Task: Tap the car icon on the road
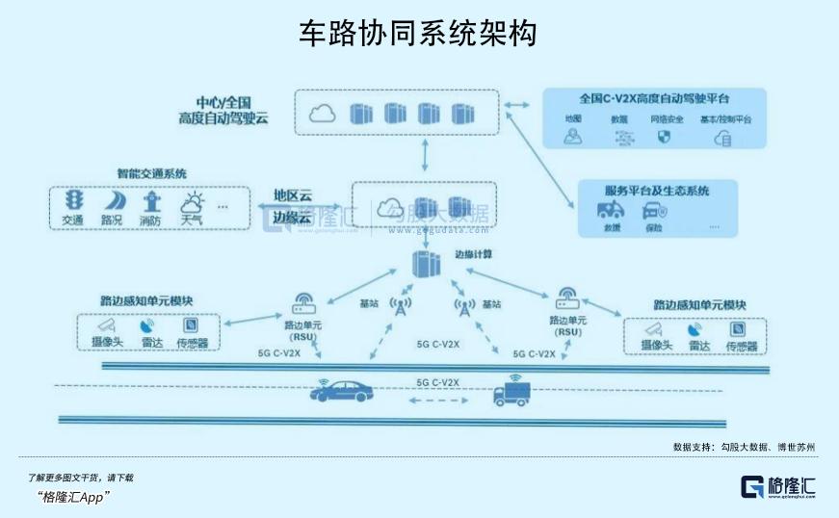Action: click(x=342, y=390)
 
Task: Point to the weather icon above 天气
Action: click(x=192, y=202)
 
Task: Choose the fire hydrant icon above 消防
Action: click(x=151, y=201)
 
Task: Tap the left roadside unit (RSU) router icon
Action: click(x=304, y=307)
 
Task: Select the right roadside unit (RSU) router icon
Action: click(x=564, y=298)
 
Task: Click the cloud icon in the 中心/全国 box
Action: click(x=322, y=114)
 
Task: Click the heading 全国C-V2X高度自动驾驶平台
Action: click(x=654, y=98)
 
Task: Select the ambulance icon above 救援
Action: click(x=611, y=210)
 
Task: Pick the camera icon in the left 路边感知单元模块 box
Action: click(x=107, y=325)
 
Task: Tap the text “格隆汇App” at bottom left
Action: click(x=73, y=497)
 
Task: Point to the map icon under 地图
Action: click(x=574, y=138)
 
